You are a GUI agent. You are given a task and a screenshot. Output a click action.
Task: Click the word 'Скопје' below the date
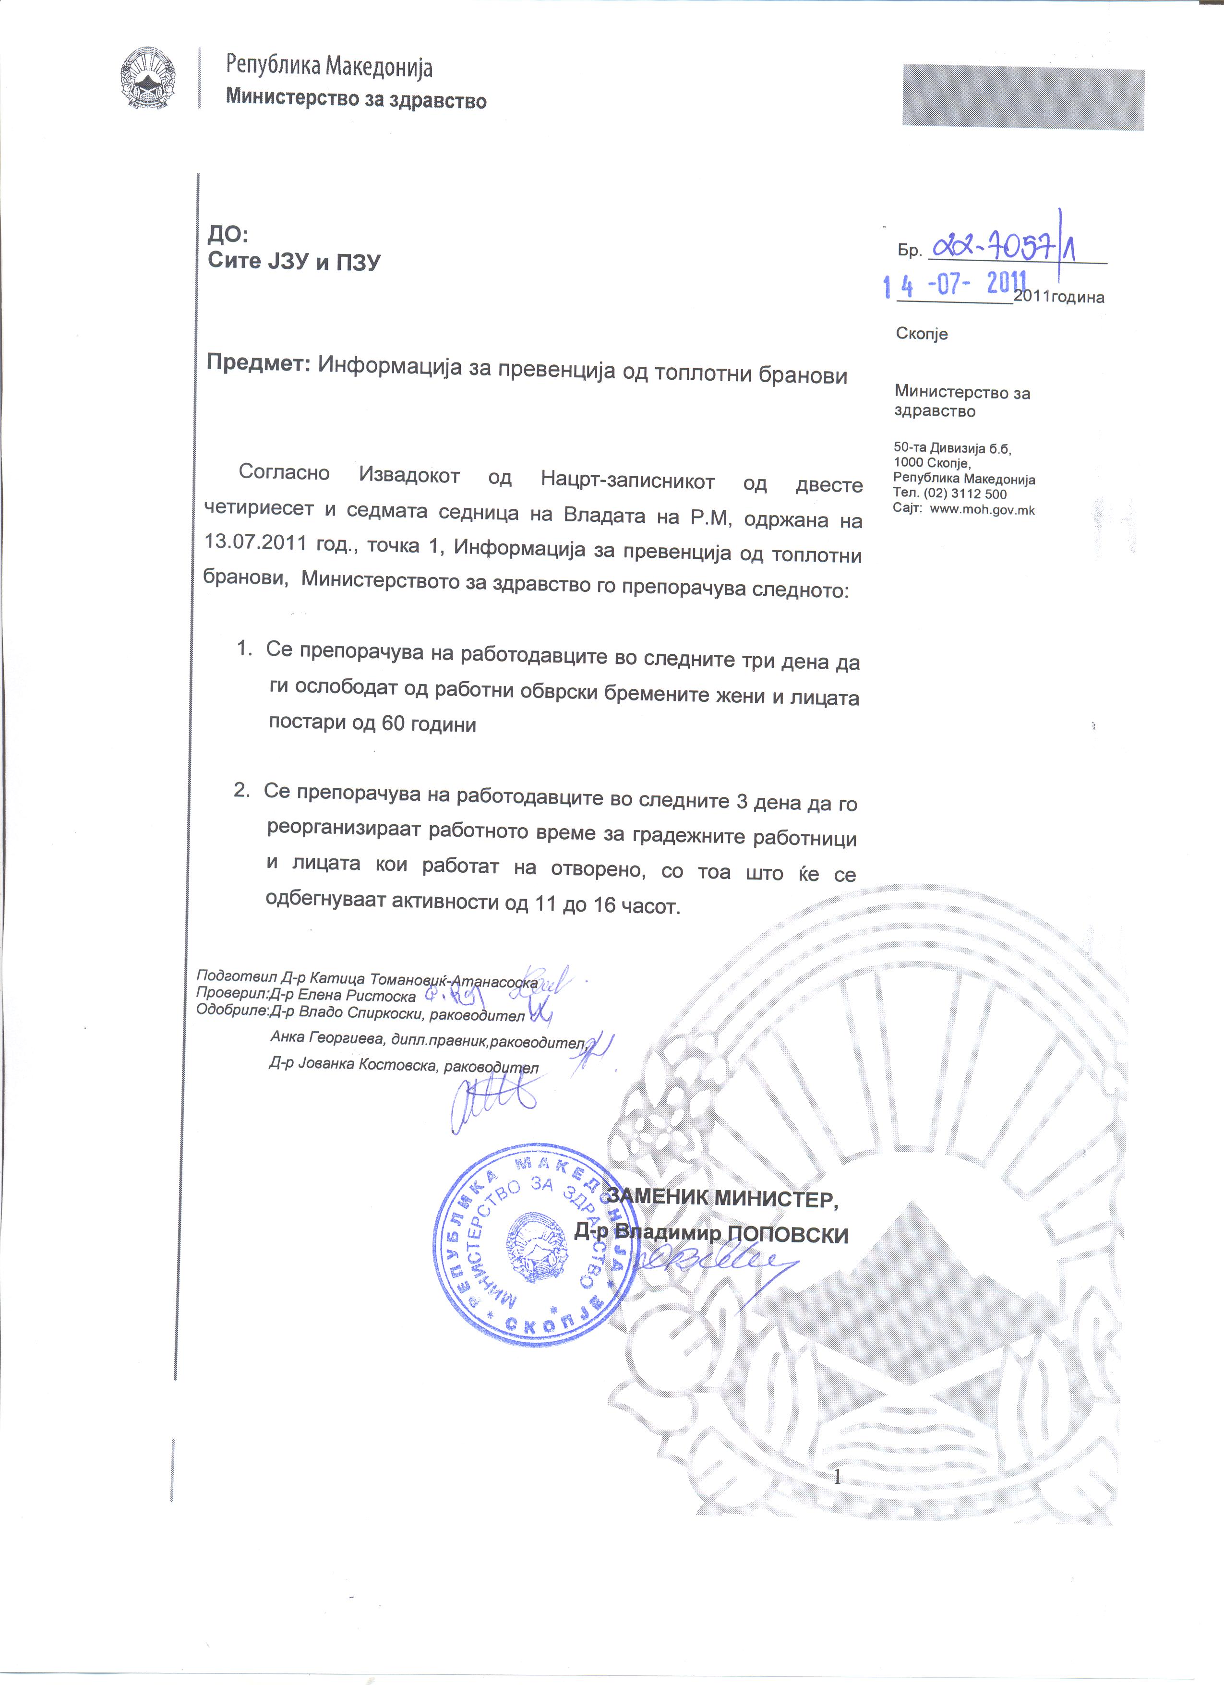(922, 334)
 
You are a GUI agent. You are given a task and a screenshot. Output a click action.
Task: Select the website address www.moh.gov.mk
(982, 510)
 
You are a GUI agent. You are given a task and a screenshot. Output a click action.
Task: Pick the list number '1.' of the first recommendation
(244, 649)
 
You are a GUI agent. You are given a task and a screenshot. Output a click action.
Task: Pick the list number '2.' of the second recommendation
(241, 791)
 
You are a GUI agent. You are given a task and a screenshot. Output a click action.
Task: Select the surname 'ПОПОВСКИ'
(787, 1235)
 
